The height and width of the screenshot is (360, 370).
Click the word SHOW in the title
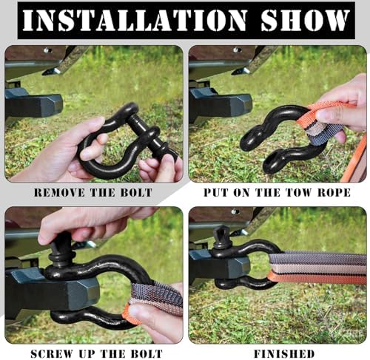[x=306, y=21]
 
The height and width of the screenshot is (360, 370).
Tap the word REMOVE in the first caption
[x=60, y=193]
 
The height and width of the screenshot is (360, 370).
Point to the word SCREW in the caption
[x=51, y=354]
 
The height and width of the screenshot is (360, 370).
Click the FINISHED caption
[x=284, y=354]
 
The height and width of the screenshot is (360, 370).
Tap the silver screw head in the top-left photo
[x=47, y=50]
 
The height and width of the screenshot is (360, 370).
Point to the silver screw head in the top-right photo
[x=237, y=50]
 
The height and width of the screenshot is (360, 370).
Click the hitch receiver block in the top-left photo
[x=34, y=105]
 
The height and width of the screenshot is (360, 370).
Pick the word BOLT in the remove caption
[x=136, y=193]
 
